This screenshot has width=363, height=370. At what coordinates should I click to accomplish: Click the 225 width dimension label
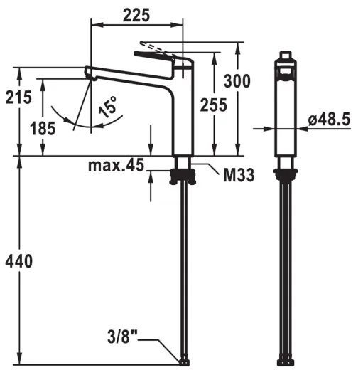point(136,15)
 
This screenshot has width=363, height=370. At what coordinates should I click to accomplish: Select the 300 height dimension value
point(237,81)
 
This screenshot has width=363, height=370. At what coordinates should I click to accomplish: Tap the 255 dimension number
point(213,105)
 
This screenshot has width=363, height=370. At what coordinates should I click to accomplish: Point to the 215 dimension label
point(18,97)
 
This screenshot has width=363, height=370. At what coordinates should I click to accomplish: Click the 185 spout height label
point(43,128)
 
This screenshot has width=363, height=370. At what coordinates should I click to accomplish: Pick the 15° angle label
point(108,107)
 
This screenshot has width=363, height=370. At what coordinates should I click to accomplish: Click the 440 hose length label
point(19,261)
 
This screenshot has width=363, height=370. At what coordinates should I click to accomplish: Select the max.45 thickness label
point(116,165)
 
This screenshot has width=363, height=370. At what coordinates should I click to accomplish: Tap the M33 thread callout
point(239,175)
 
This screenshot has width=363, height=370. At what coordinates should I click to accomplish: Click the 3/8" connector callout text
point(122,337)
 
